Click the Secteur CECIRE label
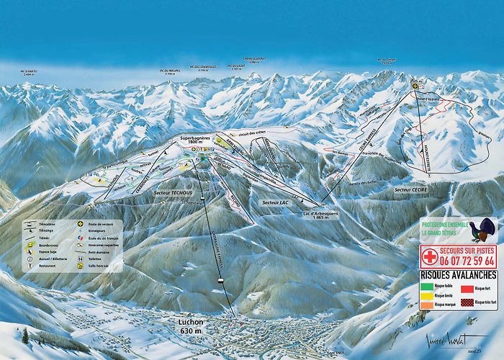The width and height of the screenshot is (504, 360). click(412, 189)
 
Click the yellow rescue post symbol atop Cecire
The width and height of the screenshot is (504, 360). click(414, 84)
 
